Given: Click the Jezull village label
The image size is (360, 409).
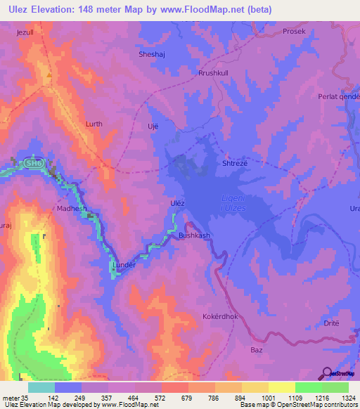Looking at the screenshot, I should click(27, 32).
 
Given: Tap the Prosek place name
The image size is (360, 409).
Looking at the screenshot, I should click(294, 32).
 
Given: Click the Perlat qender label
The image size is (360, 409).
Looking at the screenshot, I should click(338, 96).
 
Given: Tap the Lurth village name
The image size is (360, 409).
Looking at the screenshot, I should click(94, 124).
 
